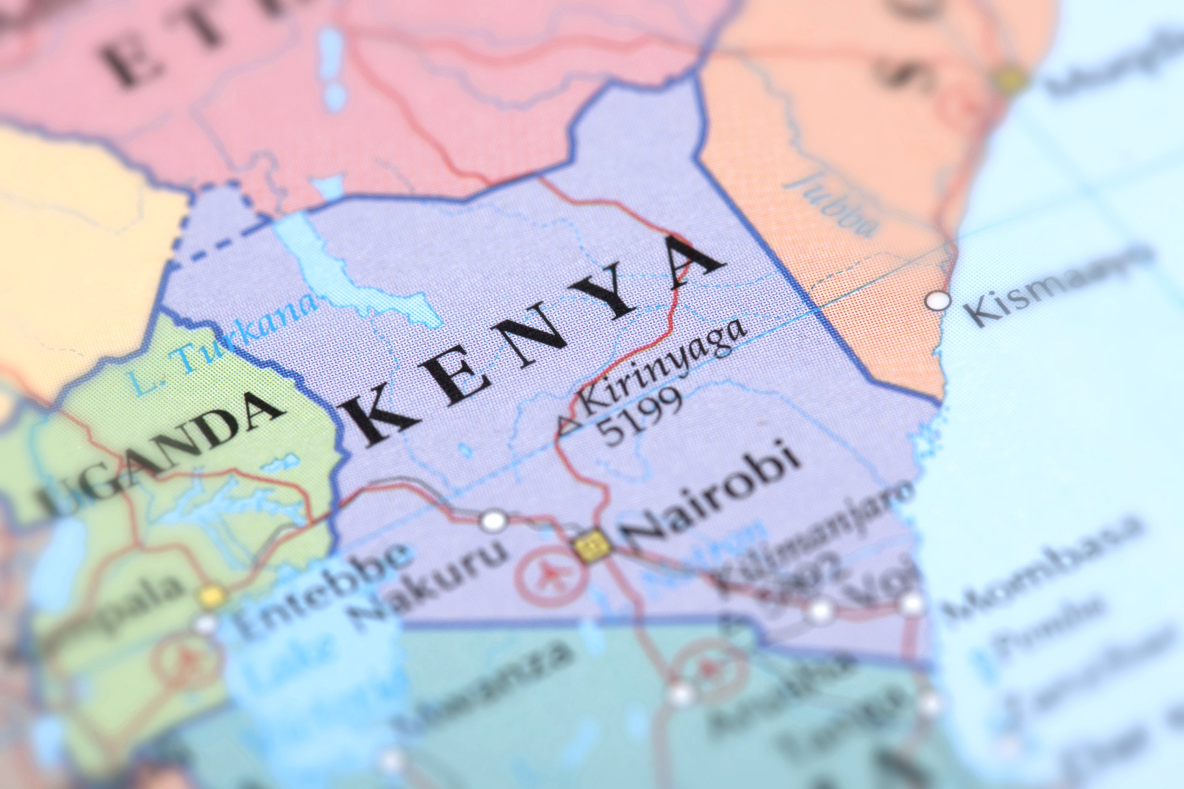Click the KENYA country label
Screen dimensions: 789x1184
(x=534, y=342)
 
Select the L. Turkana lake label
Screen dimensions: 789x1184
(x=221, y=342)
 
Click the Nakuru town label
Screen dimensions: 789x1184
(x=428, y=584)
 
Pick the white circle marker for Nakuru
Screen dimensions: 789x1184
(x=493, y=521)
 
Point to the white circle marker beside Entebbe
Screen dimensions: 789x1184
(x=205, y=624)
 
